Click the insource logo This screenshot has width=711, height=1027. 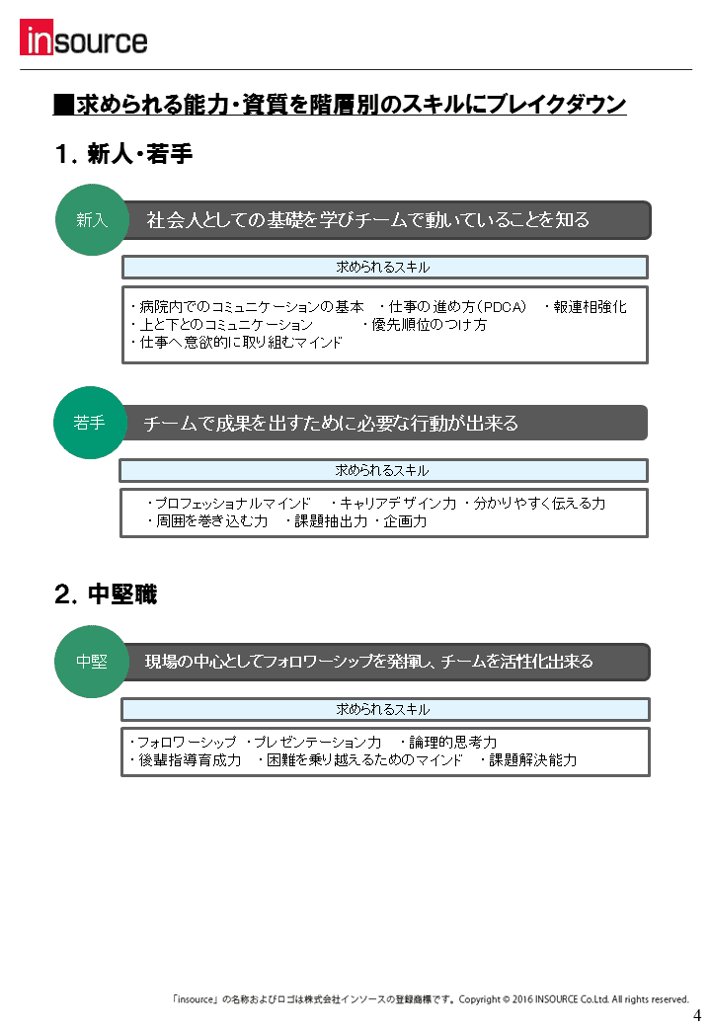point(84,38)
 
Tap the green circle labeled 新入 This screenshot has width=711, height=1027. point(92,220)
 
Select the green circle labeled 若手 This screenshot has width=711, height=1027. point(90,423)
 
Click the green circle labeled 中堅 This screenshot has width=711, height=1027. point(91,662)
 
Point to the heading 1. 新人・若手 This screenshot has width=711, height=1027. point(123,154)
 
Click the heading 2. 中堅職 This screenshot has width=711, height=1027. point(106,594)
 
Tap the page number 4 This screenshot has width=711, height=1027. point(696,1015)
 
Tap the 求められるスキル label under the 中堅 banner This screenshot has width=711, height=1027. point(383,709)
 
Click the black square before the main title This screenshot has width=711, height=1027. point(63,105)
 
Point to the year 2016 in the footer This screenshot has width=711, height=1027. point(522,999)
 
